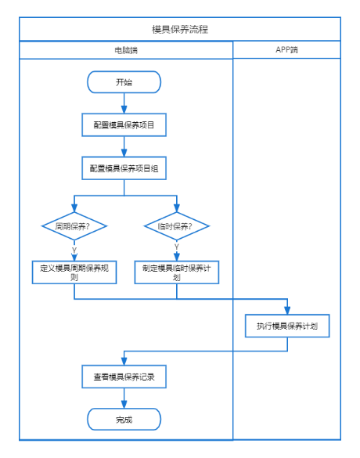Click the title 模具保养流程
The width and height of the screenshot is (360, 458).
click(180, 29)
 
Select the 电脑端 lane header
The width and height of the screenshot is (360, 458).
click(126, 50)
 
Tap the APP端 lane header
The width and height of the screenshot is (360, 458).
click(286, 49)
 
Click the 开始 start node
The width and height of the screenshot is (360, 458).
click(124, 82)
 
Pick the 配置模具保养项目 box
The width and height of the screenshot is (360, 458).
click(124, 125)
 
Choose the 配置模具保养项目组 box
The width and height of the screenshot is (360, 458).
click(124, 168)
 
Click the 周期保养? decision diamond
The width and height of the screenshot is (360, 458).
click(74, 226)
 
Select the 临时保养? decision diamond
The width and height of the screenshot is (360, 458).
click(177, 226)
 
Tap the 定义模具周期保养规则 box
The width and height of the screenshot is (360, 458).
click(74, 272)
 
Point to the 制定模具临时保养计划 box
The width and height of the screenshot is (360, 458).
click(177, 272)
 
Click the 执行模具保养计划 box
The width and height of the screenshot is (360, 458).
click(287, 326)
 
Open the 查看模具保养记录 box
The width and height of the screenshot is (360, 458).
click(124, 377)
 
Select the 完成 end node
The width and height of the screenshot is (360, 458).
click(124, 420)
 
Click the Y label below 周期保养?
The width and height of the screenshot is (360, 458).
click(74, 251)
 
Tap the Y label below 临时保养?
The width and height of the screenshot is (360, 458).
click(177, 247)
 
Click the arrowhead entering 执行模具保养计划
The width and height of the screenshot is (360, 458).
click(287, 311)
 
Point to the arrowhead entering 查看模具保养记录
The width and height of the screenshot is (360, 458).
click(124, 362)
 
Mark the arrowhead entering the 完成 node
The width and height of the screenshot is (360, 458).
click(124, 404)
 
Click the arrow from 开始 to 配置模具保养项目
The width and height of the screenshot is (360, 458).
click(124, 103)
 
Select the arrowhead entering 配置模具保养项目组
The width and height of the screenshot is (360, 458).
click(124, 153)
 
